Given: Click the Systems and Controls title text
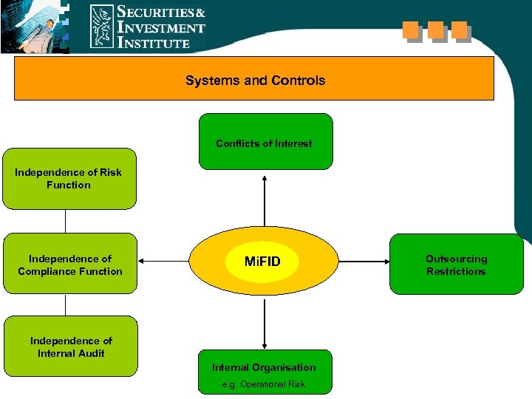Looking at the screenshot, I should (255, 81).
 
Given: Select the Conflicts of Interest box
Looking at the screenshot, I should (264, 142).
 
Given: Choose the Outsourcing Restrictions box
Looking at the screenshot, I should (456, 265).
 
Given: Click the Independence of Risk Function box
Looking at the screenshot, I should (69, 179).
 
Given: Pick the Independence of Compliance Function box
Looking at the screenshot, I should (70, 265).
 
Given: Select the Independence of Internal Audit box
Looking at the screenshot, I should (70, 347).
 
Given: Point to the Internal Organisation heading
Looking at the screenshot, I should (264, 367).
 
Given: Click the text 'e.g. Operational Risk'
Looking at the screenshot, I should (264, 384).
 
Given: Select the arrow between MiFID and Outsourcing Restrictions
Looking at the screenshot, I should (363, 262).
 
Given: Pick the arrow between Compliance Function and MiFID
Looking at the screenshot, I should (164, 262).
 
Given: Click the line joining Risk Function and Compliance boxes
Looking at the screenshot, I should (66, 221).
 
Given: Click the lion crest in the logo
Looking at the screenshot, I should (102, 27).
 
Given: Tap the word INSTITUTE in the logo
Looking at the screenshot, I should (154, 43).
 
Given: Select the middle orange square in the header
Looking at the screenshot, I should (435, 30).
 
